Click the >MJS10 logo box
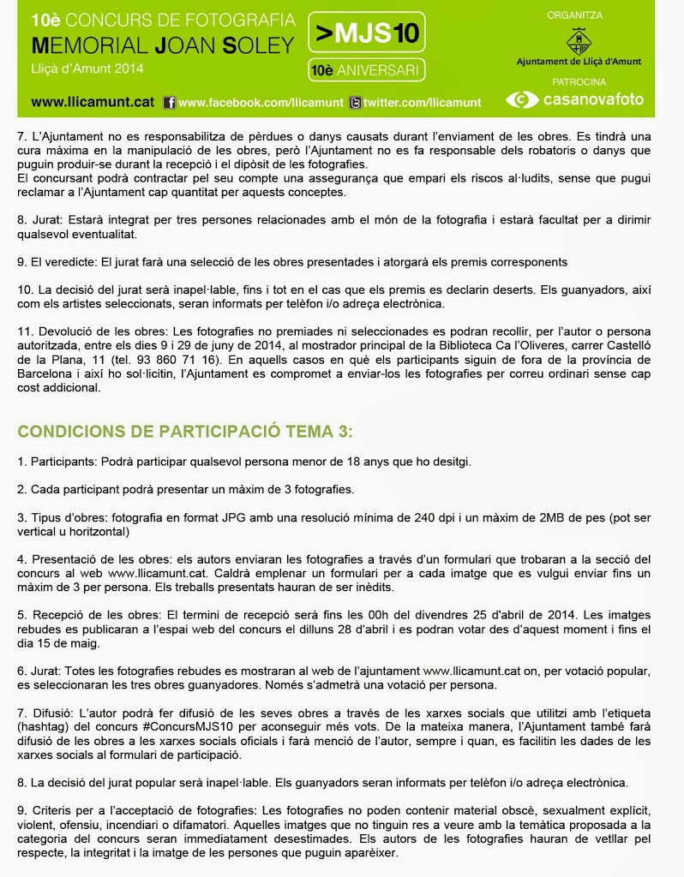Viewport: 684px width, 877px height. [366, 34]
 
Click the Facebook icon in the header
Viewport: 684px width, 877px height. [169, 103]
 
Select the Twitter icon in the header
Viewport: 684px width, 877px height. [355, 103]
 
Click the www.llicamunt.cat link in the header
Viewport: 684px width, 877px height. [93, 102]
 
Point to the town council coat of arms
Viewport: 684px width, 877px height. [579, 39]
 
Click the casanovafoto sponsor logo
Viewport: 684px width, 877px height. [574, 100]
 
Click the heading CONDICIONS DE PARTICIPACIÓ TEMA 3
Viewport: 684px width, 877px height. [185, 430]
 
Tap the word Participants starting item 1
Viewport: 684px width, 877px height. [63, 462]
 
